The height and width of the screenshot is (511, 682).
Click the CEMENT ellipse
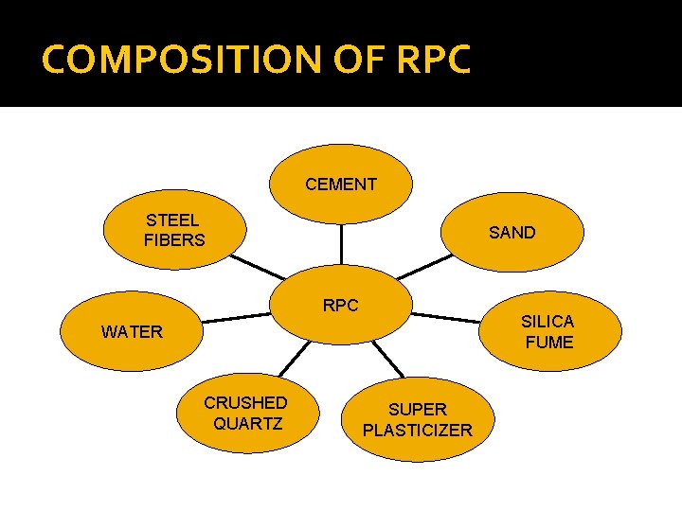tap(341, 185)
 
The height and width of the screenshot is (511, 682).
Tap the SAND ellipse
tap(511, 233)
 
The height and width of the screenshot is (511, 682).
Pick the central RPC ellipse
tap(341, 306)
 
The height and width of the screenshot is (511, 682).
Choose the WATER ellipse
tap(132, 332)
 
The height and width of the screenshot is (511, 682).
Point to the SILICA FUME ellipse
tap(548, 332)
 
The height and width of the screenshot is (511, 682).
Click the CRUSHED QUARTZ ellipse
tap(246, 413)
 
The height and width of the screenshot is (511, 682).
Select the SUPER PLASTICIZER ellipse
tap(418, 419)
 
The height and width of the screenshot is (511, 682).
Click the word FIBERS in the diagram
tap(174, 239)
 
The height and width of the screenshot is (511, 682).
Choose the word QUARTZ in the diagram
tap(247, 423)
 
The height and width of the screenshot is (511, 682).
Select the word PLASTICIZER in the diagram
tap(418, 431)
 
